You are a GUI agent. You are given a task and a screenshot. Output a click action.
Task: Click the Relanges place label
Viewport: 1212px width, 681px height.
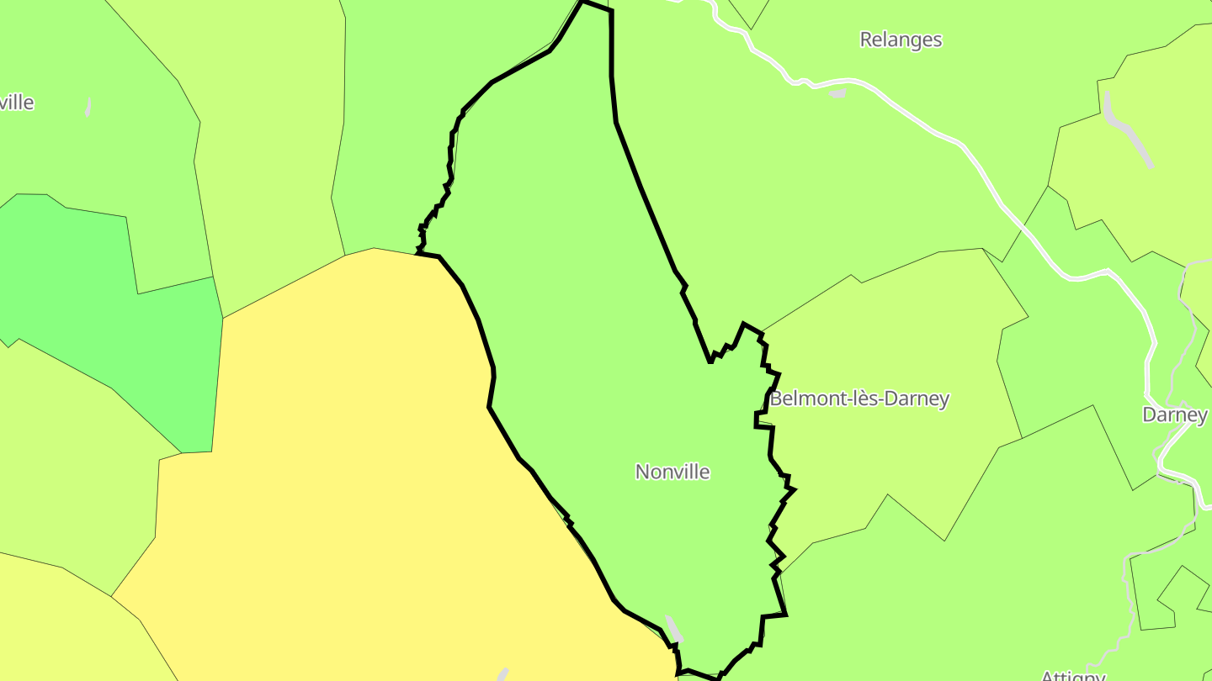901,40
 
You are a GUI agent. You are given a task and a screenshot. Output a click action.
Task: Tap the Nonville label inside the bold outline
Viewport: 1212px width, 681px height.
672,472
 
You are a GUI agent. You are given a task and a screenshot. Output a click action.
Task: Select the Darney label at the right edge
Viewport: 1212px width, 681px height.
1174,414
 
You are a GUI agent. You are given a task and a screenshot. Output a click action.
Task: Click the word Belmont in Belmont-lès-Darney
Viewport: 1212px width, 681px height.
806,399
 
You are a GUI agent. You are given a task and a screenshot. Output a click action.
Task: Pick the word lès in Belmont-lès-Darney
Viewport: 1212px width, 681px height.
869,399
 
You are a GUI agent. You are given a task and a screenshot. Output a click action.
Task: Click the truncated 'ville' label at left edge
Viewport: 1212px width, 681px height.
17,103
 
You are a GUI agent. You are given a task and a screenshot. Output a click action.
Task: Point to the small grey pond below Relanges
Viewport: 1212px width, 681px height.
837,93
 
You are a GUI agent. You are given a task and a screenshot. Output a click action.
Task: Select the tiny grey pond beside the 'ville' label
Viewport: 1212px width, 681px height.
88,108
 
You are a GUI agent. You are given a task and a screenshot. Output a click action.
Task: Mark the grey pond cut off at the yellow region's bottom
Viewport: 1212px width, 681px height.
502,674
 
